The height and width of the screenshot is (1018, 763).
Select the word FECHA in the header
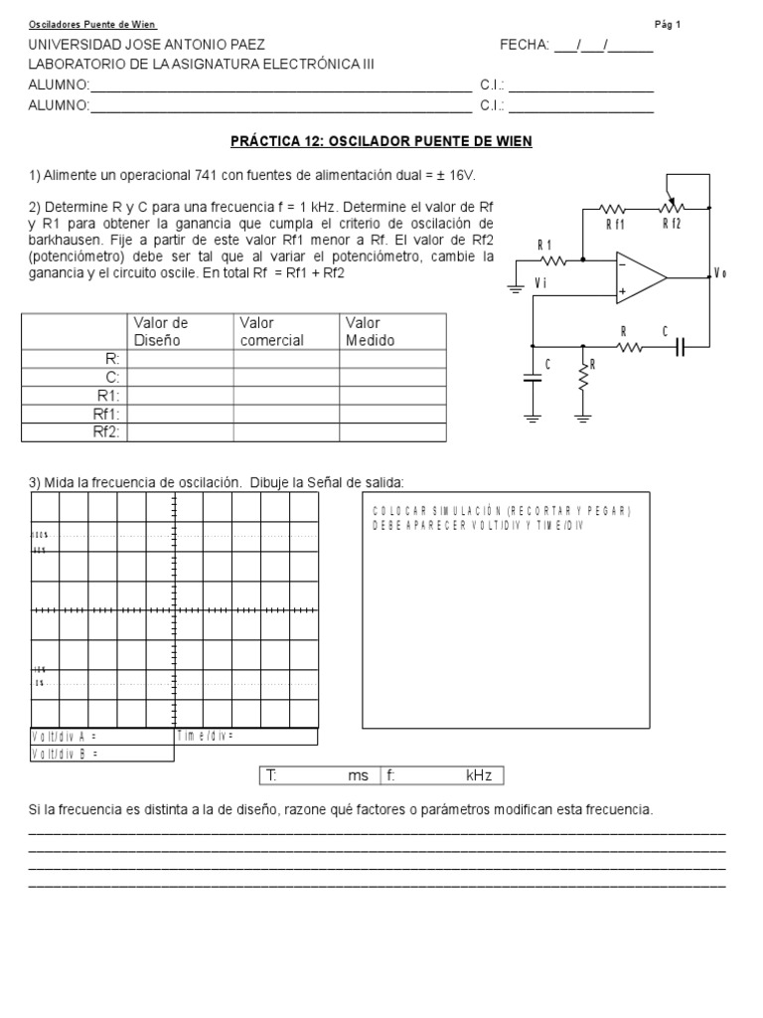524,46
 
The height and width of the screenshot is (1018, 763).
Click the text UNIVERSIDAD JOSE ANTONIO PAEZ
147,46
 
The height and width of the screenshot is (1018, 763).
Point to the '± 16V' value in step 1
454,176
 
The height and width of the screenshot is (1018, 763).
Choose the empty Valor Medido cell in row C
392,378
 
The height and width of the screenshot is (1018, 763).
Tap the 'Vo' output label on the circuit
720,274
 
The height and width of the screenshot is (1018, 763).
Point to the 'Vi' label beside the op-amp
541,282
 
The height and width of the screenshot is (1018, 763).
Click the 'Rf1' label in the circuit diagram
616,226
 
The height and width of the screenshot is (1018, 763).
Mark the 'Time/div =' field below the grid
205,736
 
